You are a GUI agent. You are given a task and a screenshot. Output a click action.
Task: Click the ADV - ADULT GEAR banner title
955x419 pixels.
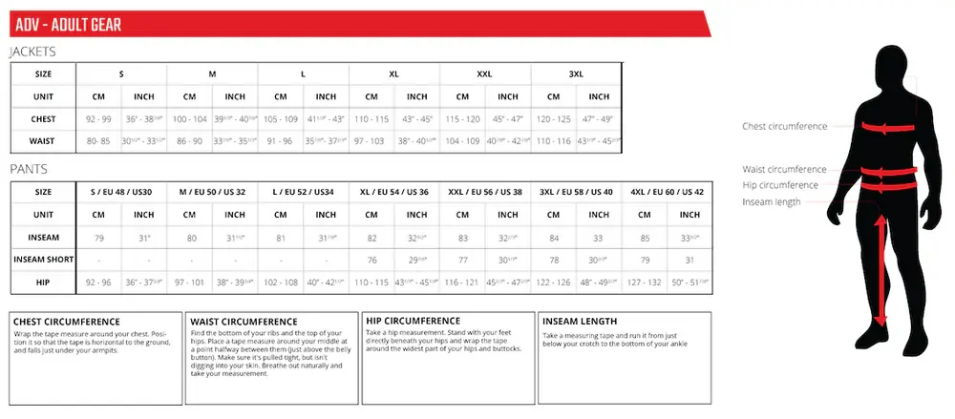pyautogui.click(x=68, y=24)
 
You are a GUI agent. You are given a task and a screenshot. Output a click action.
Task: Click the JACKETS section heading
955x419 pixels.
pyautogui.click(x=32, y=52)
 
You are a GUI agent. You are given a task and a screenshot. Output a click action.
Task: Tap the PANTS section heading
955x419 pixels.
pyautogui.click(x=28, y=169)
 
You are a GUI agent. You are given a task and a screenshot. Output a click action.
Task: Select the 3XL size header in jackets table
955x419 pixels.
pyautogui.click(x=576, y=73)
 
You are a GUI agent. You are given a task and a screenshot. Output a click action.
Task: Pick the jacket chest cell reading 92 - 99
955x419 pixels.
pyautogui.click(x=98, y=119)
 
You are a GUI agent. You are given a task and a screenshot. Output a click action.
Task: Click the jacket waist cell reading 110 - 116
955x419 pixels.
pyautogui.click(x=554, y=140)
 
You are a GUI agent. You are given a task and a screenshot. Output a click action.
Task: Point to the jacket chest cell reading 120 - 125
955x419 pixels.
pyautogui.click(x=554, y=119)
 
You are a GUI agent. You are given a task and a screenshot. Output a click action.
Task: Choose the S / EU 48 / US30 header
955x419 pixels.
pyautogui.click(x=121, y=191)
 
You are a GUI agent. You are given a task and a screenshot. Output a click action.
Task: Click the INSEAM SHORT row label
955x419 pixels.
pyautogui.click(x=42, y=260)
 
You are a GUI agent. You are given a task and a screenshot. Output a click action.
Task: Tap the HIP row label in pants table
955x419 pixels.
pyautogui.click(x=42, y=283)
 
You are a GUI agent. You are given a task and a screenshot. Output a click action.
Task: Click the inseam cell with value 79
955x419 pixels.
pyautogui.click(x=98, y=237)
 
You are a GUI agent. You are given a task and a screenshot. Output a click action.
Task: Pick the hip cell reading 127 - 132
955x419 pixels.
pyautogui.click(x=645, y=283)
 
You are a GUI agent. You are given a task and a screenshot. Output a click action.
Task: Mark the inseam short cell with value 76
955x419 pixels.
pyautogui.click(x=371, y=260)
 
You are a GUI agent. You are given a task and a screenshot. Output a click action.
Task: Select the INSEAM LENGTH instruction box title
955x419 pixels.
pyautogui.click(x=580, y=322)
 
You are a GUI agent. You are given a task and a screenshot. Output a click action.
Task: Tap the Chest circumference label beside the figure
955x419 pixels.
pyautogui.click(x=784, y=126)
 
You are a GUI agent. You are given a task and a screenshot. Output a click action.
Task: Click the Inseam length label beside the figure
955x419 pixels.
pyautogui.click(x=772, y=201)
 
